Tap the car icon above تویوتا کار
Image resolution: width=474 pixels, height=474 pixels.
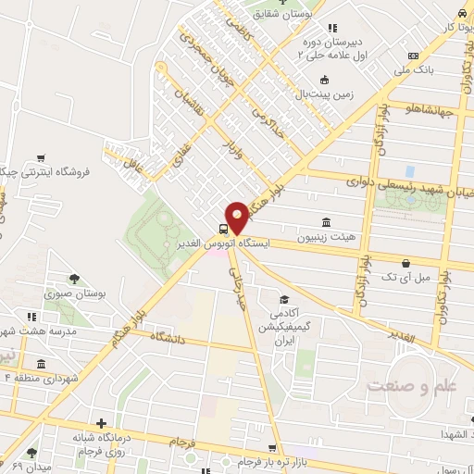click(460, 13)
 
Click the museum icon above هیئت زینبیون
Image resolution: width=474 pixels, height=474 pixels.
click(325, 222)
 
